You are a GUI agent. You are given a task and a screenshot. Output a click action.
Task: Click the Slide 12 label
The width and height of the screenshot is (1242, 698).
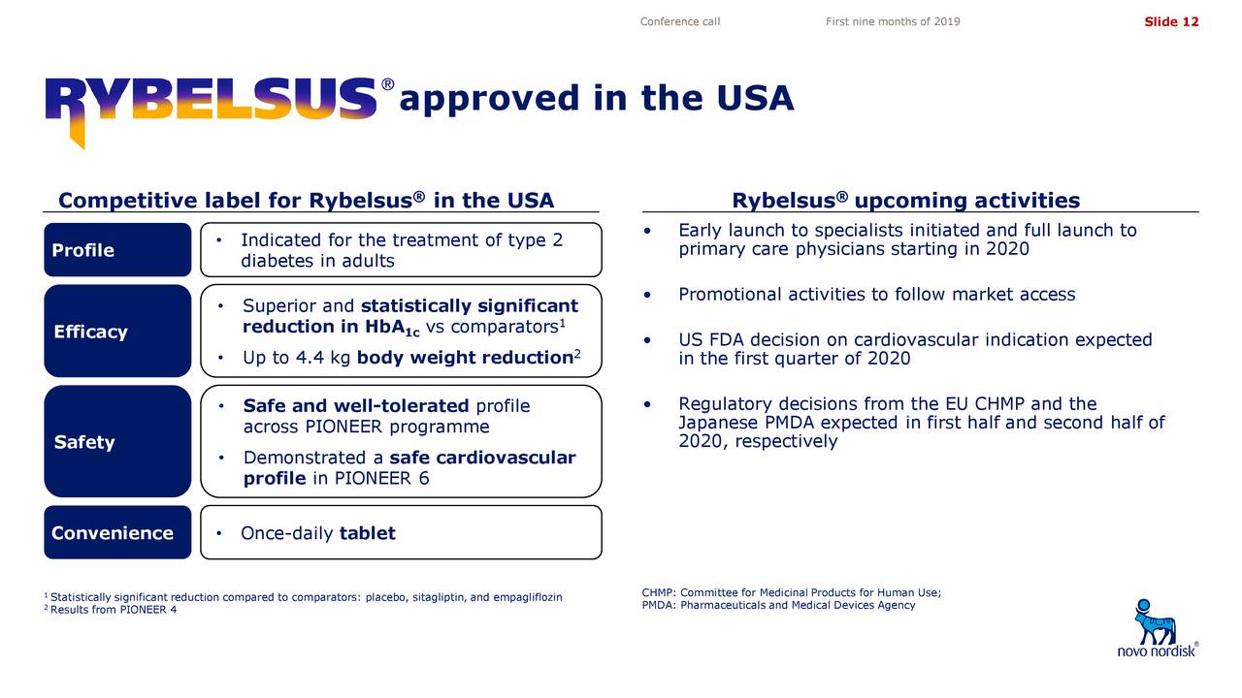tap(1171, 21)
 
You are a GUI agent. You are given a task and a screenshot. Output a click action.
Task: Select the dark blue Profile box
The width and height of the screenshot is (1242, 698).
tap(117, 250)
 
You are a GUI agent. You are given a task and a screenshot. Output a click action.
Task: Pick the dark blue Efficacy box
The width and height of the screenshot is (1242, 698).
tap(117, 332)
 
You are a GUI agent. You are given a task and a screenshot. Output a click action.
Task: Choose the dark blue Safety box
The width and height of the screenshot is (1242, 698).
tap(117, 441)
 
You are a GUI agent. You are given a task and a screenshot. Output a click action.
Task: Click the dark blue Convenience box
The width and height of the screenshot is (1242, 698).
tap(117, 532)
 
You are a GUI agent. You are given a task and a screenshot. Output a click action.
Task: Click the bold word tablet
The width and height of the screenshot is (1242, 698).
tap(368, 533)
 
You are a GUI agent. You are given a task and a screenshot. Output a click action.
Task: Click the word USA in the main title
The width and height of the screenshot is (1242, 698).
tap(755, 98)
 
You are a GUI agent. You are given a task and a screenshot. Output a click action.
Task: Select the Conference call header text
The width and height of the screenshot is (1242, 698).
tap(680, 21)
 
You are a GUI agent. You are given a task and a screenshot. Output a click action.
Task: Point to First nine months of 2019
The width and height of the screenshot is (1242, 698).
tap(893, 21)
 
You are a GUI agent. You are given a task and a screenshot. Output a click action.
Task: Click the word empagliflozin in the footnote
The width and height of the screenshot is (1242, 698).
tap(527, 597)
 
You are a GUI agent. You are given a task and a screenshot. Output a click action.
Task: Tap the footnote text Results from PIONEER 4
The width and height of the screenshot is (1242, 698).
tap(114, 610)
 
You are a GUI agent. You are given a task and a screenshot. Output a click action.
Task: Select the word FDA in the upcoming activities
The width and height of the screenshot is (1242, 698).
tap(723, 339)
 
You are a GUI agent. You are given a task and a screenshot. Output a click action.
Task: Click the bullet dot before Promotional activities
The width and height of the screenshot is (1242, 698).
tap(647, 295)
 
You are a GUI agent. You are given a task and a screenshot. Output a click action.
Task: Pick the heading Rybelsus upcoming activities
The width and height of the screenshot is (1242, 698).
tap(906, 200)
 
